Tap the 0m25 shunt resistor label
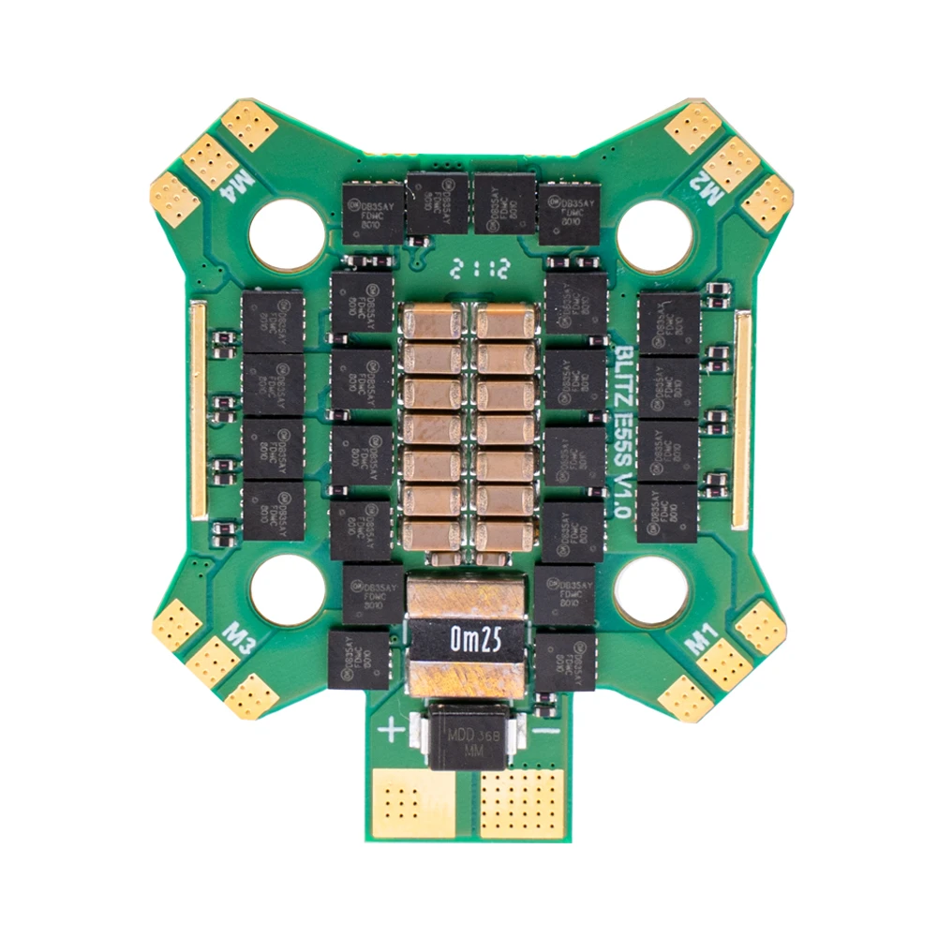click(x=469, y=641)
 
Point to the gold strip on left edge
click(x=197, y=411)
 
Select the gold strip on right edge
click(x=741, y=418)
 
